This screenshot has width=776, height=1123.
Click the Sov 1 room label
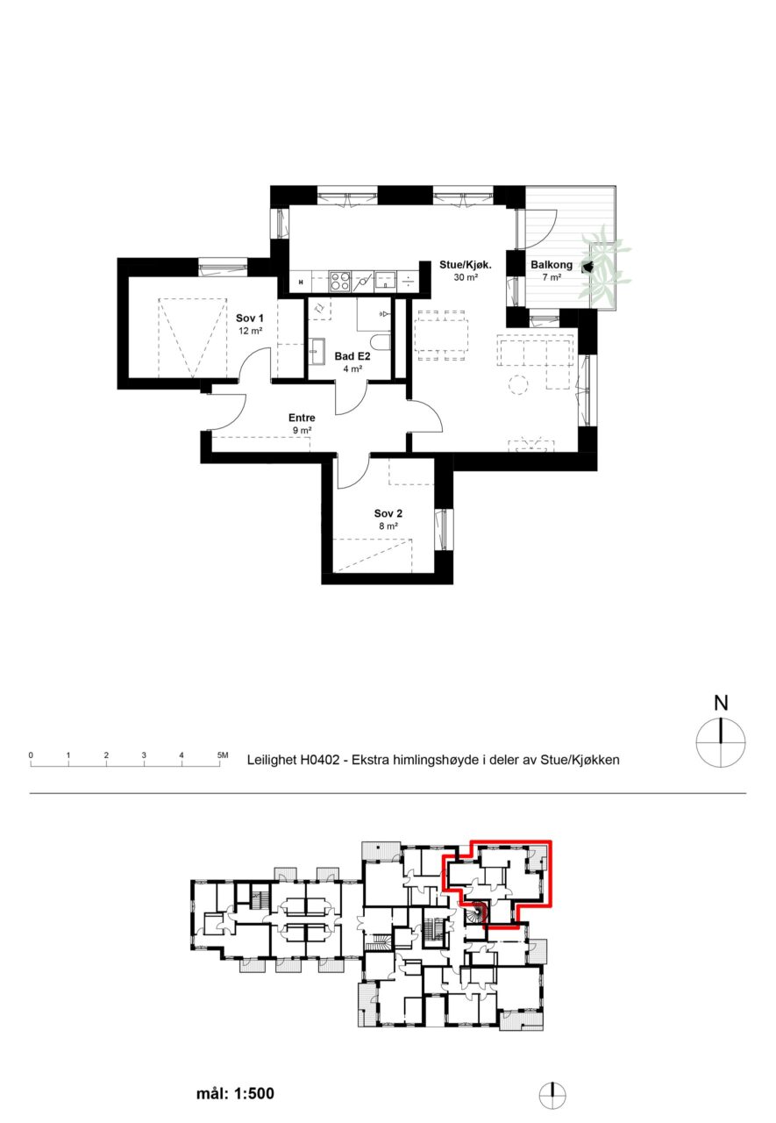[x=250, y=318]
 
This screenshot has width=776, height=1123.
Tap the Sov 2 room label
[x=388, y=513]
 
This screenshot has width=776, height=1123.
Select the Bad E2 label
[x=352, y=356]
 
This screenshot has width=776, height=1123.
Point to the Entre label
[x=302, y=418]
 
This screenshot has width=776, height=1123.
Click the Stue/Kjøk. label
[x=466, y=265]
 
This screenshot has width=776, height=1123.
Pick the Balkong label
[x=551, y=265]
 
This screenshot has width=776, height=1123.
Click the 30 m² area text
[x=466, y=277]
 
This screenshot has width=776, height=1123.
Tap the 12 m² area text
[x=251, y=331]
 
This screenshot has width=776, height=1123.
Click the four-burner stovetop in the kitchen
[x=339, y=282]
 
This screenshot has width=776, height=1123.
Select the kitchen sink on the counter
[x=386, y=282]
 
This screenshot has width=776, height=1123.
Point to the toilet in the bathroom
[x=381, y=342]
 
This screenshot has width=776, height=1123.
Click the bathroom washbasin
[x=317, y=351]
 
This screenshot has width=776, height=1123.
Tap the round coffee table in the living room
[x=518, y=385]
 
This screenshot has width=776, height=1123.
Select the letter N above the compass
[x=721, y=703]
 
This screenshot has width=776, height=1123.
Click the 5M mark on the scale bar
[x=223, y=755]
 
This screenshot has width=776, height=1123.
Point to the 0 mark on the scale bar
[x=31, y=755]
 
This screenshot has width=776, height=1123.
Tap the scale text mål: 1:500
[x=235, y=1093]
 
